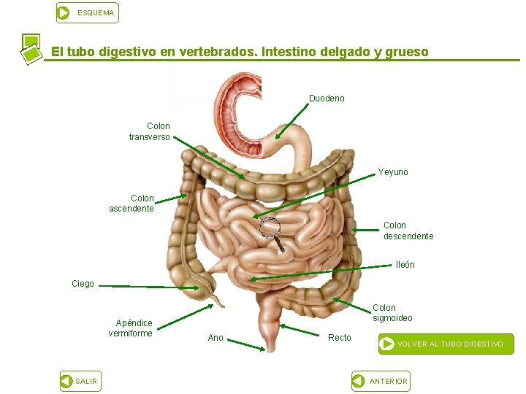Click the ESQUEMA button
pyautogui.click(x=87, y=13)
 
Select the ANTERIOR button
pyautogui.click(x=380, y=381)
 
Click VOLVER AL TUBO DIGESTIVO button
pyautogui.click(x=446, y=344)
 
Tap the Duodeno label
pyautogui.click(x=327, y=98)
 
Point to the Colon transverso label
pyautogui.click(x=150, y=131)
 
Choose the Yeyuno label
pyautogui.click(x=393, y=172)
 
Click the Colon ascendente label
pyautogui.click(x=132, y=203)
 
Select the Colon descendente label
pyautogui.click(x=408, y=231)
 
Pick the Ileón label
pyautogui.click(x=405, y=265)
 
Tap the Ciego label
pyautogui.click(x=83, y=284)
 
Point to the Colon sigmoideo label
pyautogui.click(x=392, y=313)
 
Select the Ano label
pyautogui.click(x=216, y=337)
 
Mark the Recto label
pyautogui.click(x=340, y=337)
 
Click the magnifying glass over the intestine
pyautogui.click(x=270, y=229)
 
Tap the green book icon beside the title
pyautogui.click(x=31, y=49)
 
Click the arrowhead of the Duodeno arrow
pyautogui.click(x=278, y=136)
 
